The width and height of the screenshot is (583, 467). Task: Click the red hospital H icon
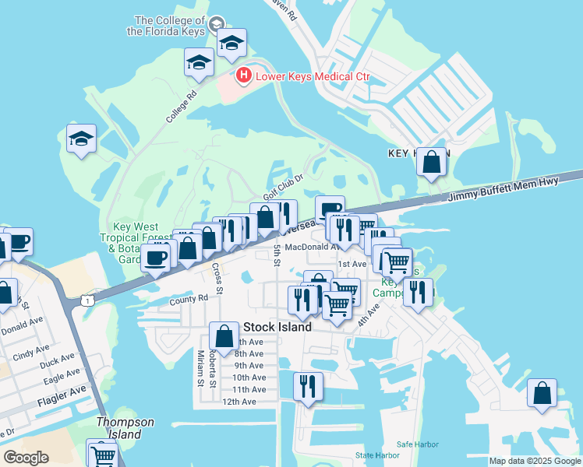tap(244, 75)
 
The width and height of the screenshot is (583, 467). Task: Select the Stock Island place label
tap(277, 327)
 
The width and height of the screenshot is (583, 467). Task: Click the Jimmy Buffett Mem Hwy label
tap(515, 190)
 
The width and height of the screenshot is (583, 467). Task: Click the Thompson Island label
tap(125, 428)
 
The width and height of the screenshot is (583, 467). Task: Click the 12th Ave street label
tap(238, 402)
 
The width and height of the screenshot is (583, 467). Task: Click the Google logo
tap(26, 458)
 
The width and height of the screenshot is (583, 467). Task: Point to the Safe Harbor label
tap(418, 444)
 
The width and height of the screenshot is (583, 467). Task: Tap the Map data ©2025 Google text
tap(534, 461)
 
